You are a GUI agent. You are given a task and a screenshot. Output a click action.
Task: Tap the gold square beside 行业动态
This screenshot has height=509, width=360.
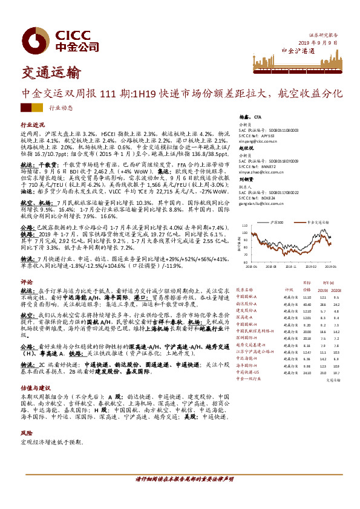(39, 108)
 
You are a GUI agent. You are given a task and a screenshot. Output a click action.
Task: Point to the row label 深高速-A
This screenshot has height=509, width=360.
(245, 317)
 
